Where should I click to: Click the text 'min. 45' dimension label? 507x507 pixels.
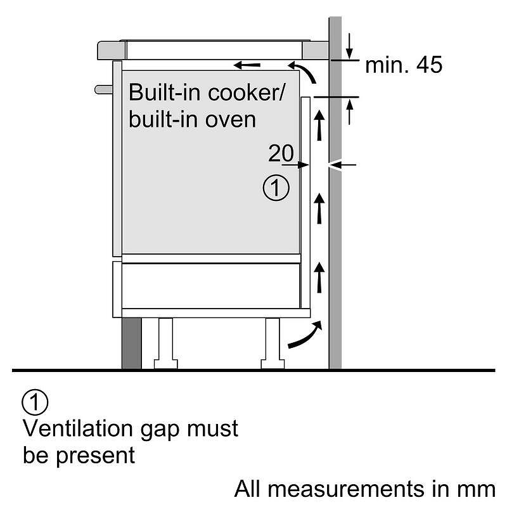pyautogui.click(x=404, y=65)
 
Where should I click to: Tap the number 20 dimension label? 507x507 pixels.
pyautogui.click(x=281, y=153)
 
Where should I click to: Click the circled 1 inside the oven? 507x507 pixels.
pyautogui.click(x=276, y=188)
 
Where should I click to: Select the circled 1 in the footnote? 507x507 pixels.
pyautogui.click(x=35, y=402)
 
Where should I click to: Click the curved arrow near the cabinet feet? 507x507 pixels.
pyautogui.click(x=305, y=335)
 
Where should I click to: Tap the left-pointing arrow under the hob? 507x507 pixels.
pyautogui.click(x=247, y=65)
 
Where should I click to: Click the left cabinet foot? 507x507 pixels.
pyautogui.click(x=164, y=342)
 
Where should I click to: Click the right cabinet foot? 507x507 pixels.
pyautogui.click(x=272, y=342)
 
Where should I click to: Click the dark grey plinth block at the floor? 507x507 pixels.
pyautogui.click(x=131, y=342)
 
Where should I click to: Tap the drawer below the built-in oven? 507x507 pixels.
pyautogui.click(x=210, y=285)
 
